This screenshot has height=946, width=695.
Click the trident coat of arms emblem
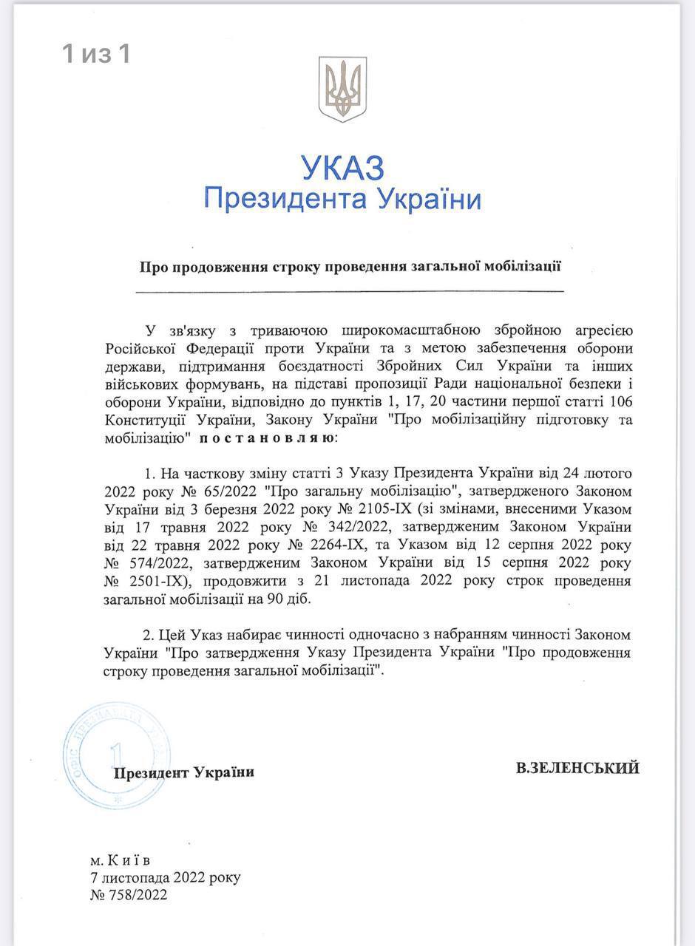342,89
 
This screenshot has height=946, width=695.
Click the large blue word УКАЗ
342,169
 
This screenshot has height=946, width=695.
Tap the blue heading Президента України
342,199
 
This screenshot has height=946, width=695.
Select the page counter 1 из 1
96,53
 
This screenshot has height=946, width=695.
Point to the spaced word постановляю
266,438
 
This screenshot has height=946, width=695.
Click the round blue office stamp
116,755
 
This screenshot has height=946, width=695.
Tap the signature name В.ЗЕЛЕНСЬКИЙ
577,769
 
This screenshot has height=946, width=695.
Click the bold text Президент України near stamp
183,772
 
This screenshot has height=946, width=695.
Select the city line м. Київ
119,861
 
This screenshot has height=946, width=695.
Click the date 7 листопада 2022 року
164,878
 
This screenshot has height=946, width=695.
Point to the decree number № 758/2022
128,895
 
